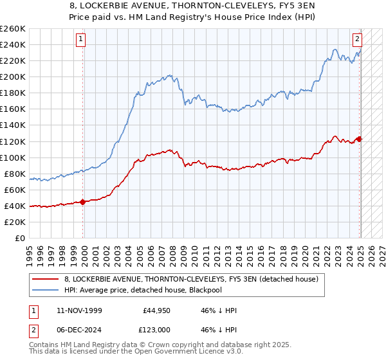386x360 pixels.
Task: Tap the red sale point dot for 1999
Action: pyautogui.click(x=83, y=202)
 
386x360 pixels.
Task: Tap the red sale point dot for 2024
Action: pyautogui.click(x=360, y=139)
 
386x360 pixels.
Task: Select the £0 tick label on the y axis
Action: pyautogui.click(x=19, y=238)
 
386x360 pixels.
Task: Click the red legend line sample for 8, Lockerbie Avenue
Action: pyautogui.click(x=46, y=279)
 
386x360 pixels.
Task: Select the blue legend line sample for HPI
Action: pyautogui.click(x=46, y=291)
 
